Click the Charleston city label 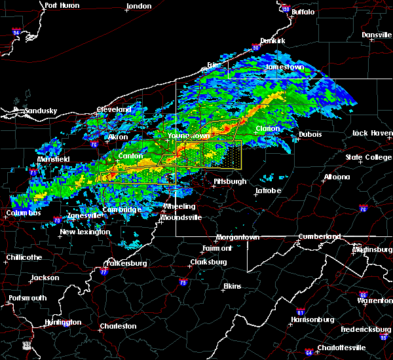118,326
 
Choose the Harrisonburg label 312,319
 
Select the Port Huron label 62,5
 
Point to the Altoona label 336,177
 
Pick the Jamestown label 285,67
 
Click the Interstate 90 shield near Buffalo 286,9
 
